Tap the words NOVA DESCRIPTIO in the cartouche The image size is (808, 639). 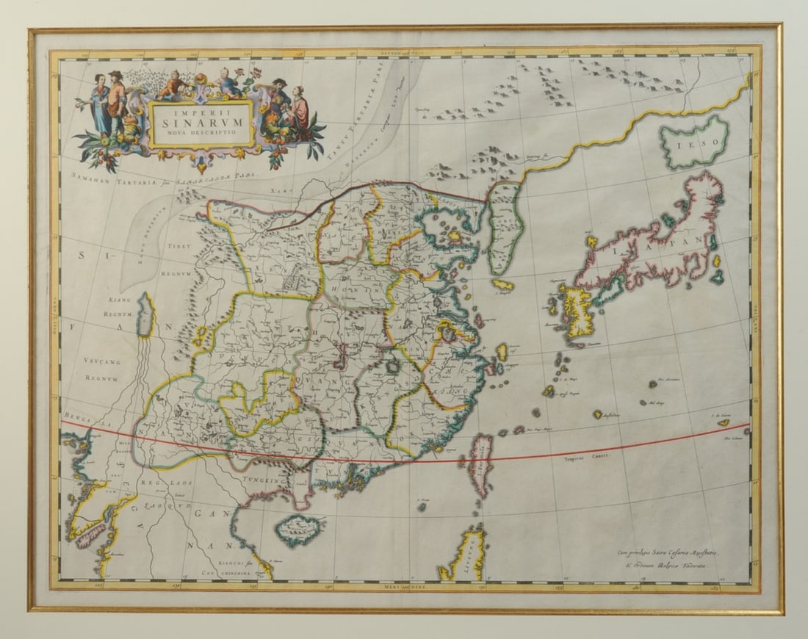pyautogui.click(x=201, y=134)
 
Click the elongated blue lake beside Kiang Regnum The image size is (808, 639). pyautogui.click(x=146, y=316)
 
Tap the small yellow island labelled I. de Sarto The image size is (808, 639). pyautogui.click(x=724, y=422)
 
